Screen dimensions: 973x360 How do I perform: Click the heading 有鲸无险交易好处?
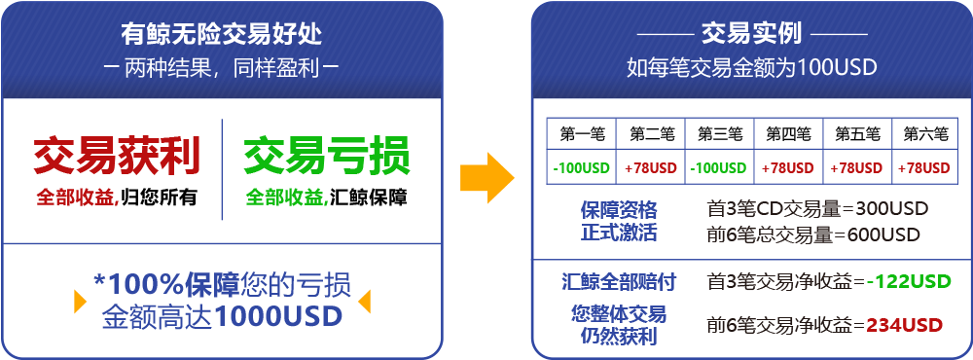(x=222, y=34)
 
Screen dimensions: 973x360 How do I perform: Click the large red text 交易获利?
(x=117, y=156)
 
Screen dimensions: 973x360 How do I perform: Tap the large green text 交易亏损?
(x=326, y=156)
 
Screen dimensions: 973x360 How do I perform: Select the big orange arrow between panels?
(x=487, y=178)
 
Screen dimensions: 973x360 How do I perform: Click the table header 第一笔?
(x=582, y=133)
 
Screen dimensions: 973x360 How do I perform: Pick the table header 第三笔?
(x=720, y=133)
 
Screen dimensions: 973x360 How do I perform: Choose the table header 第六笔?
(x=926, y=133)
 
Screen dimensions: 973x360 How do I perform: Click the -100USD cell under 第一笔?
(x=582, y=167)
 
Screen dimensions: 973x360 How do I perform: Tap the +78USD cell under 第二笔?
(x=651, y=167)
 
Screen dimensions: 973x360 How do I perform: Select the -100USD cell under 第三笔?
(x=719, y=167)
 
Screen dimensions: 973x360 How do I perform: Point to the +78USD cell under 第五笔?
(x=857, y=167)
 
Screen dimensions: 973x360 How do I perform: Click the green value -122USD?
(x=909, y=281)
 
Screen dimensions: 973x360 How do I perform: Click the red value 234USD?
(x=905, y=325)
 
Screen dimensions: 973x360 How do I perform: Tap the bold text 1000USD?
(x=278, y=316)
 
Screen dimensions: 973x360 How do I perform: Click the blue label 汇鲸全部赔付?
(x=619, y=282)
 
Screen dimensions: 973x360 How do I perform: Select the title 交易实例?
(x=751, y=33)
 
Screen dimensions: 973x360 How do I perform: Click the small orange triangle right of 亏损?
(x=364, y=301)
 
